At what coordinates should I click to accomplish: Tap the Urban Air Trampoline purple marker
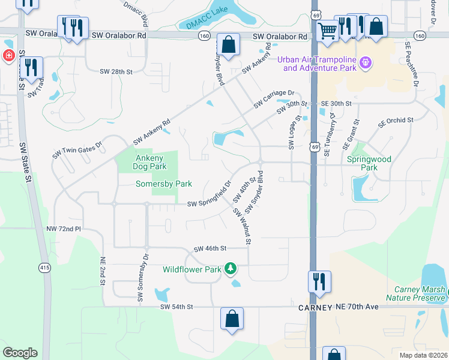click(x=365, y=62)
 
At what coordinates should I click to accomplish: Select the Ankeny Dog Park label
click(x=149, y=162)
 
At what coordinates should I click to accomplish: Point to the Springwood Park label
click(x=369, y=163)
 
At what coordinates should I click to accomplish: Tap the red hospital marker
click(x=9, y=56)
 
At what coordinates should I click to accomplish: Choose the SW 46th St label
click(x=209, y=248)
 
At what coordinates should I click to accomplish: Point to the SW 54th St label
click(x=176, y=307)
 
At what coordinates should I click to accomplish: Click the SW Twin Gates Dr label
click(x=77, y=145)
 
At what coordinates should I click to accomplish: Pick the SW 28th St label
click(x=116, y=72)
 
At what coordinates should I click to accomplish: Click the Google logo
click(x=20, y=353)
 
